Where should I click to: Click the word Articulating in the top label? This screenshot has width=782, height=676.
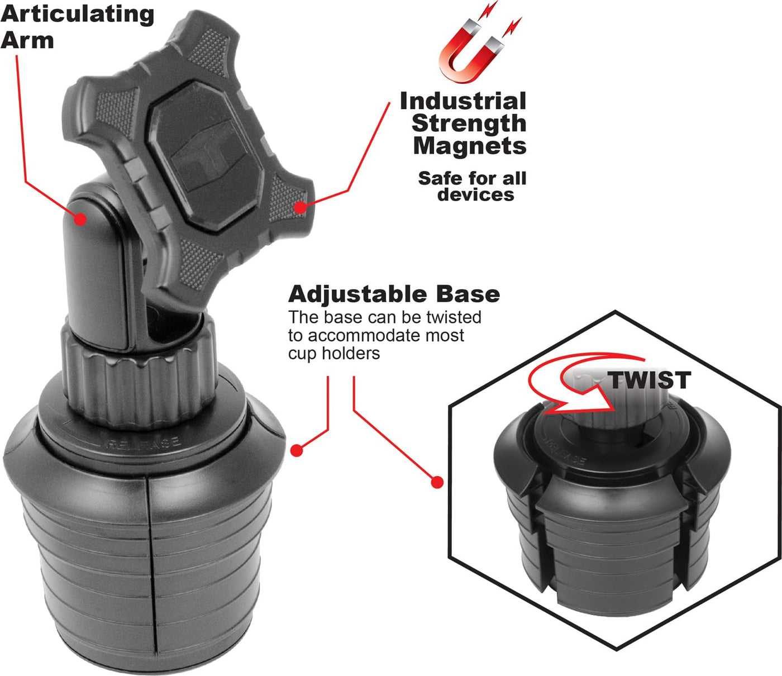77,15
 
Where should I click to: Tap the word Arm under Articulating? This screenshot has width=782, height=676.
27,40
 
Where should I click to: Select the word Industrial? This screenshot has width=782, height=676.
463,101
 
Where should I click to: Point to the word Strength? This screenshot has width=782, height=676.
469,124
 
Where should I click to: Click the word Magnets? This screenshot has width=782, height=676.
470,146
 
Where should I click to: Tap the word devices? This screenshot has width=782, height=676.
476,194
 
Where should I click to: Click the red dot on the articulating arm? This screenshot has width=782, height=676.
80,219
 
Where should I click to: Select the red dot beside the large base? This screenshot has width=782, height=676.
297,450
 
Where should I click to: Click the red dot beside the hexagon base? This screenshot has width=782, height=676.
437,482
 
